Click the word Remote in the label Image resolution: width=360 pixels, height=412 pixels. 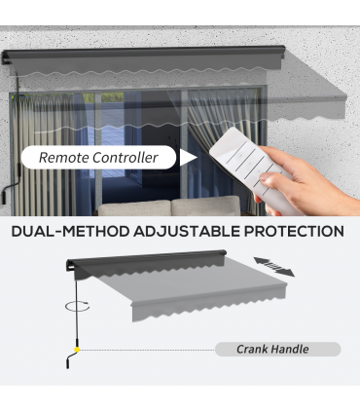pyautogui.click(x=64, y=158)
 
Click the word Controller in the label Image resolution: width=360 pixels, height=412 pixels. pyautogui.click(x=126, y=158)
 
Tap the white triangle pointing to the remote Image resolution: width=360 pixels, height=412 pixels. pyautogui.click(x=188, y=158)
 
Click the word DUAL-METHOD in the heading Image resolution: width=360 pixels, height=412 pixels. pyautogui.click(x=70, y=232)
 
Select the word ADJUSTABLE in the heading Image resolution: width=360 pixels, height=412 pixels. pyautogui.click(x=187, y=232)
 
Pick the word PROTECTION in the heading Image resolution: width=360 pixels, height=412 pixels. pyautogui.click(x=294, y=232)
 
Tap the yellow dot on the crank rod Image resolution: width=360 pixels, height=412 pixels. pyautogui.click(x=77, y=350)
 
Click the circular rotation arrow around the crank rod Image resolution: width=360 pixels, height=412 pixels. pyautogui.click(x=78, y=306)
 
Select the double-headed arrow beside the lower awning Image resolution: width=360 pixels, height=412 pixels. pyautogui.click(x=274, y=267)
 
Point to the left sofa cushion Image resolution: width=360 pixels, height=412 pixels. pyautogui.click(x=134, y=208)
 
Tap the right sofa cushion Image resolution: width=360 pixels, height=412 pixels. pyautogui.click(x=206, y=206)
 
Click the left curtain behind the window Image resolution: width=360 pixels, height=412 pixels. pyautogui.click(x=46, y=154)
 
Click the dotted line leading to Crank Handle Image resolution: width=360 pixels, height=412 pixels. pyautogui.click(x=147, y=350)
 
